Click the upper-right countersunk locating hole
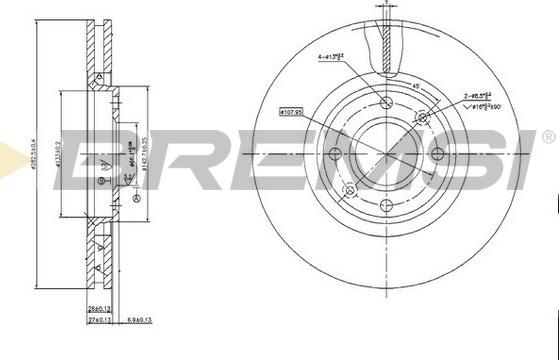coord(422,118)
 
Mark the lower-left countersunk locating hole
coord(349,191)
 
